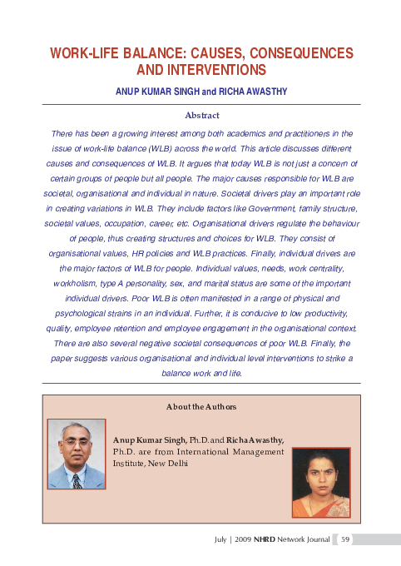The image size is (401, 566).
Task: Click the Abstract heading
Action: pos(200,115)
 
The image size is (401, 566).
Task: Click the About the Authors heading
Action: pos(201,407)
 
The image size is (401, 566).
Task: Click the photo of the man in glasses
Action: pos(75,452)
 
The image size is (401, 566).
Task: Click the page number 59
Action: pos(346,539)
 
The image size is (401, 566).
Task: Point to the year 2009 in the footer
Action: pos(244,539)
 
